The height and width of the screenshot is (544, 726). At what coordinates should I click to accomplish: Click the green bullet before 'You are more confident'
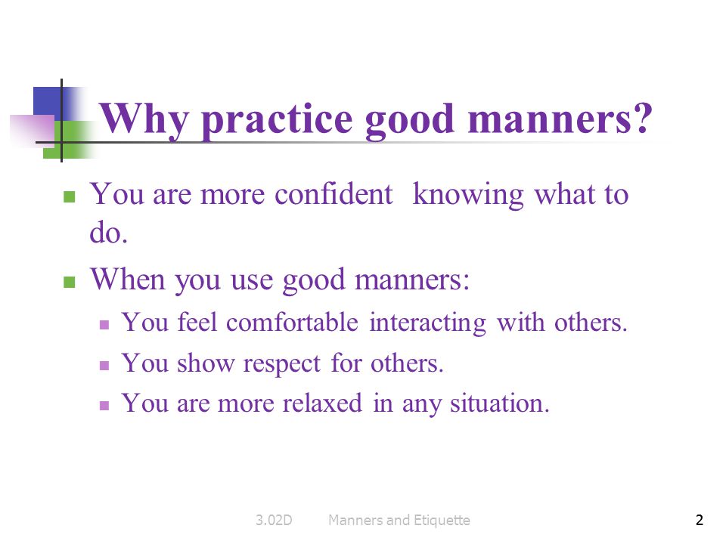click(70, 196)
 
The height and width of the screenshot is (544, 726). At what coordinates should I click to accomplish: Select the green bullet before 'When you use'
click(70, 282)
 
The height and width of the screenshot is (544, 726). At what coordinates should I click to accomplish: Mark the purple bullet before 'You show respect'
click(105, 365)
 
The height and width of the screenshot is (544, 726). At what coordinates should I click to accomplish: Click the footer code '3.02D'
click(273, 520)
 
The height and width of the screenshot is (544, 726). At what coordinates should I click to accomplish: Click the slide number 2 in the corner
click(699, 520)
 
